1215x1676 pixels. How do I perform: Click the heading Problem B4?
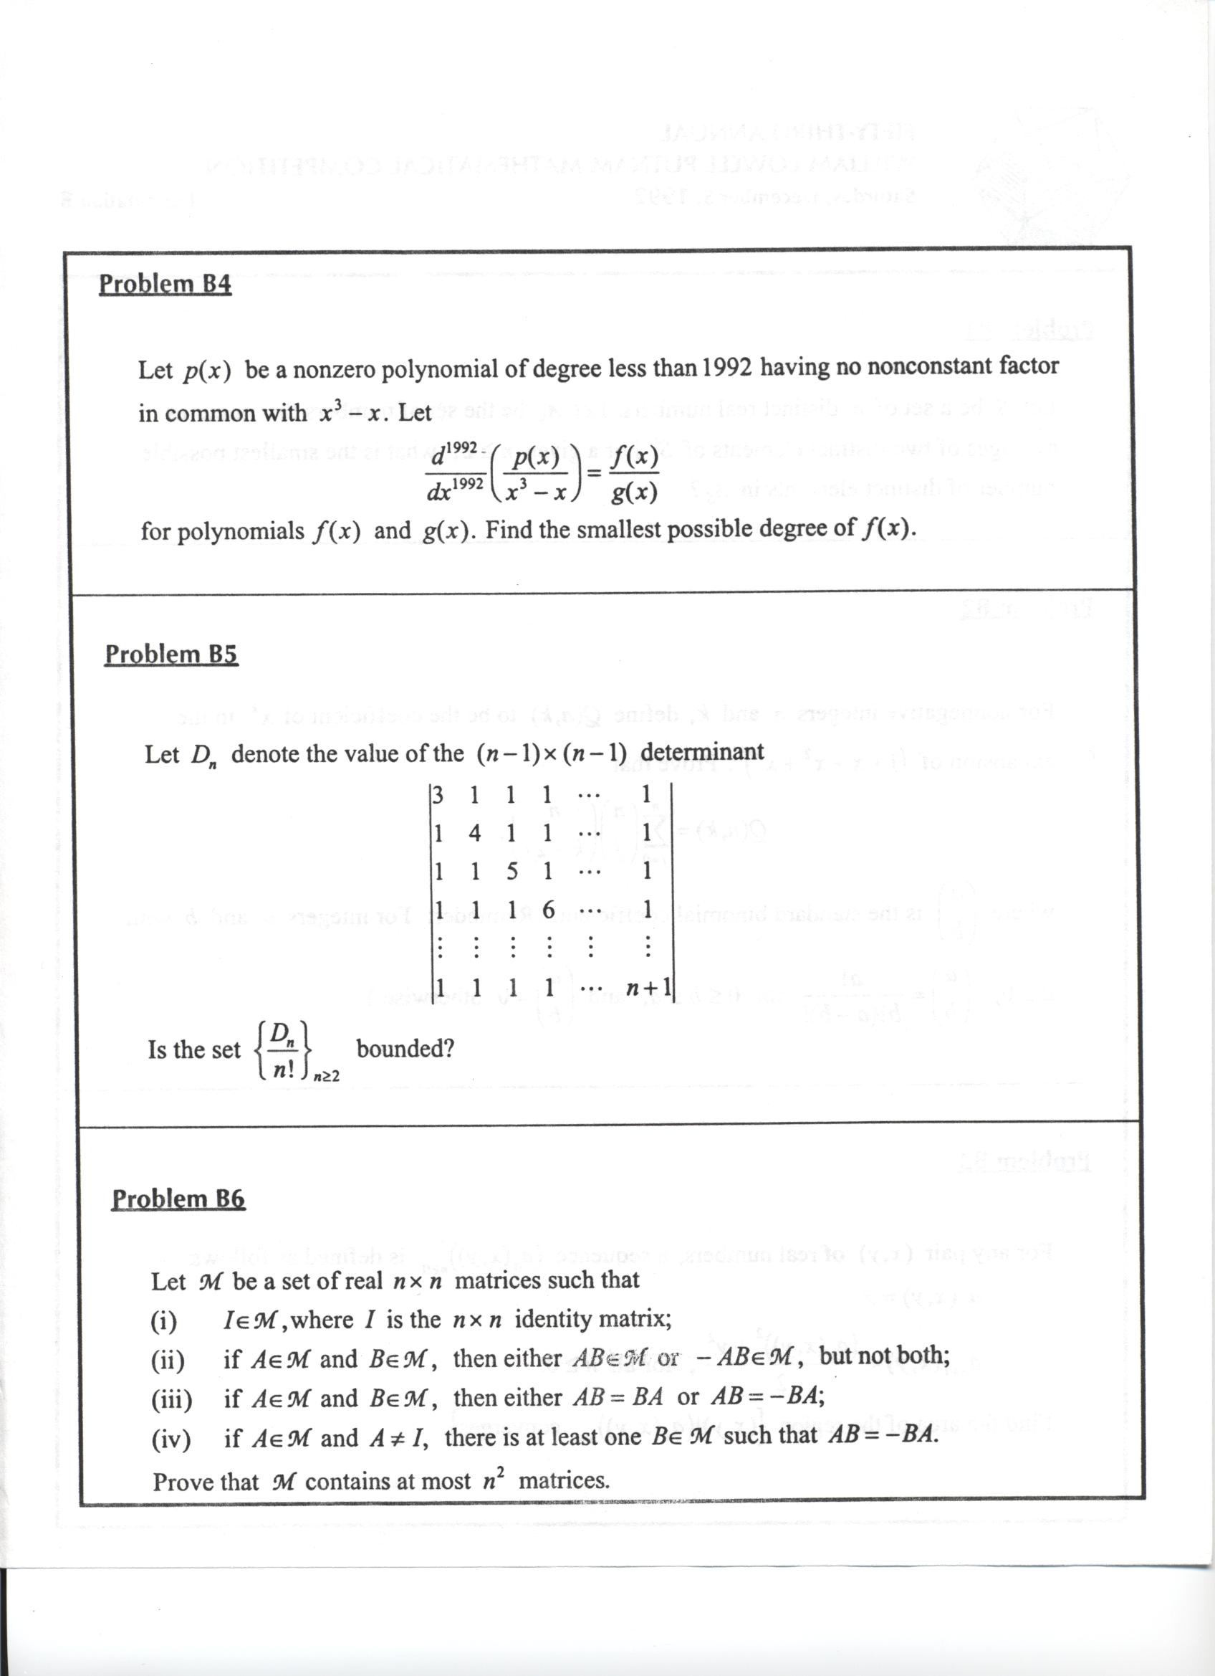[x=165, y=284]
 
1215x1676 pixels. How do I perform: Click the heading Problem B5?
[x=171, y=654]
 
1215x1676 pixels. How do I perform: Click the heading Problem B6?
[x=178, y=1198]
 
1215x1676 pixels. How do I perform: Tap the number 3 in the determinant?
[x=438, y=795]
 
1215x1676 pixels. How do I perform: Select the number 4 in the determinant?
[x=474, y=834]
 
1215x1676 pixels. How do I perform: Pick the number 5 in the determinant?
[x=512, y=871]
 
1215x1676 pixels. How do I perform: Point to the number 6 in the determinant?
[x=548, y=910]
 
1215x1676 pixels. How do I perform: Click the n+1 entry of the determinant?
[x=648, y=987]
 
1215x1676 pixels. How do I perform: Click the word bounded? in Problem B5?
[x=405, y=1049]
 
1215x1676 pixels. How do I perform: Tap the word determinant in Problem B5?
[x=702, y=751]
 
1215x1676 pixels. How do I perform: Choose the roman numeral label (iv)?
[x=171, y=1439]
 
